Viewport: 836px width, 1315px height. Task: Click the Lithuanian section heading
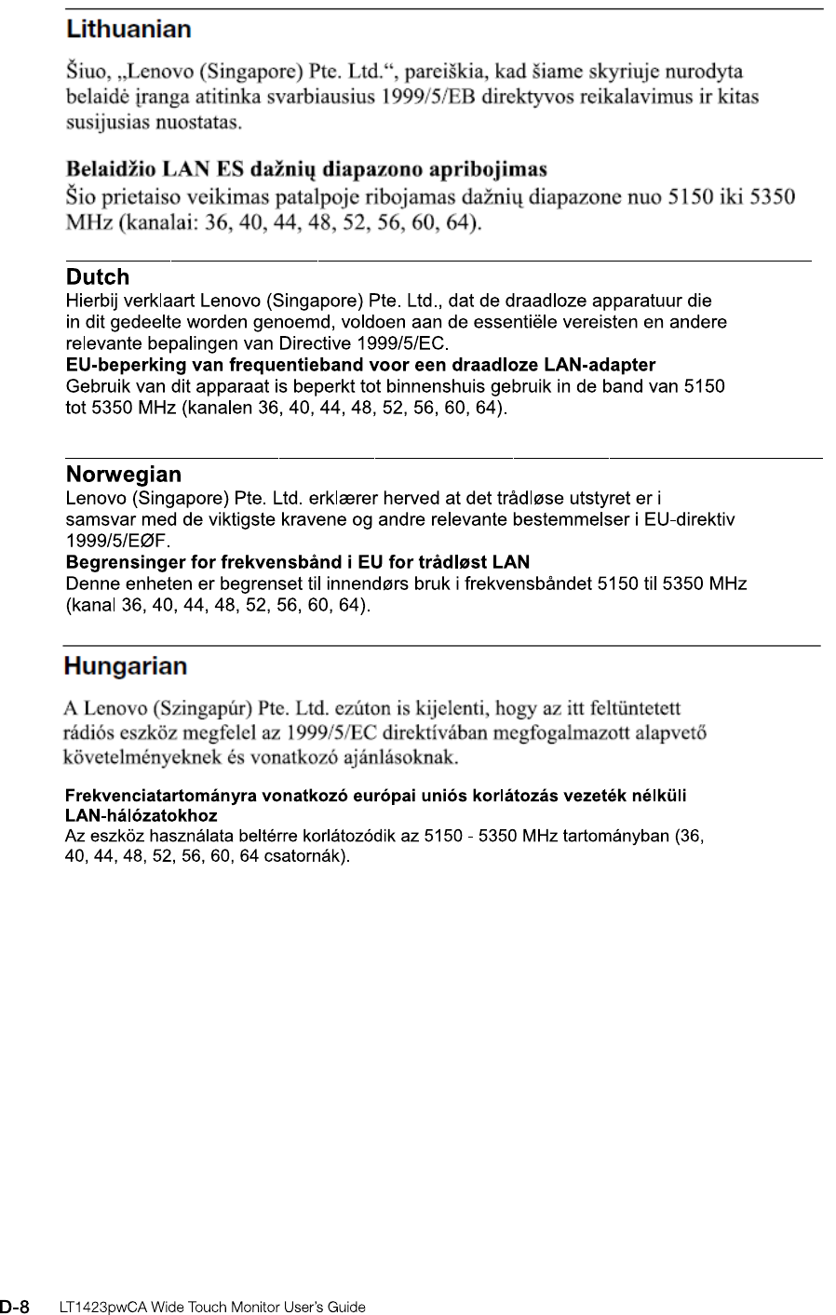pyautogui.click(x=128, y=30)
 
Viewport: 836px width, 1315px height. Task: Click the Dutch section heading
pyautogui.click(x=98, y=277)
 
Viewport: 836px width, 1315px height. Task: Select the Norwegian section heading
pyautogui.click(x=123, y=476)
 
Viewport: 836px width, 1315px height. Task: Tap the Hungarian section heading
pyautogui.click(x=126, y=666)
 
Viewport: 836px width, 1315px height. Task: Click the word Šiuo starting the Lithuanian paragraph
pyautogui.click(x=85, y=71)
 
